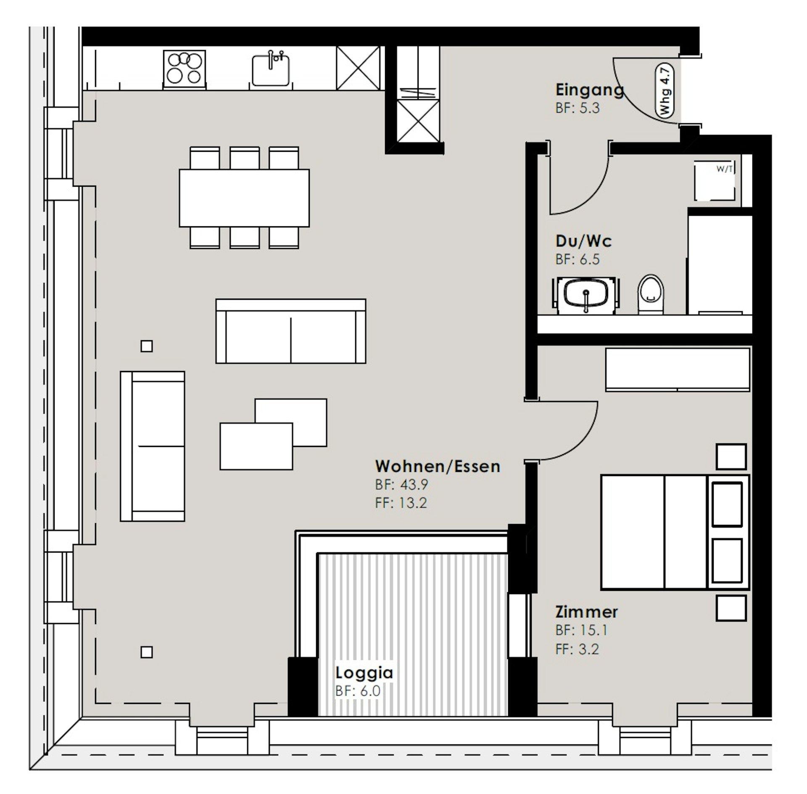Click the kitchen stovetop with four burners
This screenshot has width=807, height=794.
185,69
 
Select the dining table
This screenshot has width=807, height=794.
244,198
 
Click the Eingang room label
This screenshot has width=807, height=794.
589,90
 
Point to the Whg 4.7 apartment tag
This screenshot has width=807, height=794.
665,91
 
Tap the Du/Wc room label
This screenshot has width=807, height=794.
583,241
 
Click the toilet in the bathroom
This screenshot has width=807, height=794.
651,294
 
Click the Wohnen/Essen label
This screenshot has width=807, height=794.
438,466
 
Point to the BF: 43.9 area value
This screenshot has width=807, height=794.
401,485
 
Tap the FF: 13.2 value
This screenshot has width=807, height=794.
401,503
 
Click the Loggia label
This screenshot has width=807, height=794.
364,673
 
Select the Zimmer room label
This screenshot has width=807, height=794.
586,612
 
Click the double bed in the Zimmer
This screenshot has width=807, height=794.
675,532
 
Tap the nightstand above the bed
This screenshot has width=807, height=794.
731,457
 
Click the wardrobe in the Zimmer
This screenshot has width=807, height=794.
678,369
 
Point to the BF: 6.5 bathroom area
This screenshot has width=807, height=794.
578,259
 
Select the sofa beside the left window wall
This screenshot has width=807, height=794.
153,446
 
